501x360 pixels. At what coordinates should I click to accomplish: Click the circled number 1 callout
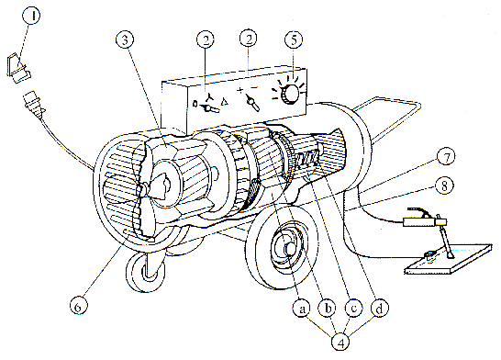tap(31, 15)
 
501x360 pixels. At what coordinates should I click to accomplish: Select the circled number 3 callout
tap(125, 39)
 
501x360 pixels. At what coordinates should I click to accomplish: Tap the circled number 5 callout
tap(294, 39)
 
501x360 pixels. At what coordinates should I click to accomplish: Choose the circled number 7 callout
tap(446, 156)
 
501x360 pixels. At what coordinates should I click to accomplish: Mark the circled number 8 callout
tap(444, 186)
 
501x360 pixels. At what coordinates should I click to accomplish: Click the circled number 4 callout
tap(340, 343)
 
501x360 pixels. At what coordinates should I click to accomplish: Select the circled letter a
tap(302, 309)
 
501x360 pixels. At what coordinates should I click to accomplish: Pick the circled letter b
tap(328, 309)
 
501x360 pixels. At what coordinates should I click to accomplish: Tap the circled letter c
tap(353, 309)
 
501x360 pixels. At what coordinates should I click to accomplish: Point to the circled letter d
tap(380, 309)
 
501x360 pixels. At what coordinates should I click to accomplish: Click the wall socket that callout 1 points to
tap(18, 69)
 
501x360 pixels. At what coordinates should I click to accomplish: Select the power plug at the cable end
tap(33, 104)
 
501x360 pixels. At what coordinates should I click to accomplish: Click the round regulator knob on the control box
tap(290, 94)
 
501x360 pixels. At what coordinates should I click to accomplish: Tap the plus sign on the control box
tap(240, 91)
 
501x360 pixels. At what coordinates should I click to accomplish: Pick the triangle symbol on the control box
tap(225, 102)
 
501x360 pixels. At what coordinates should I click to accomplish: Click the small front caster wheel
tap(145, 273)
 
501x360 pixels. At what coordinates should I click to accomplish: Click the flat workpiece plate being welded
tap(449, 258)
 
